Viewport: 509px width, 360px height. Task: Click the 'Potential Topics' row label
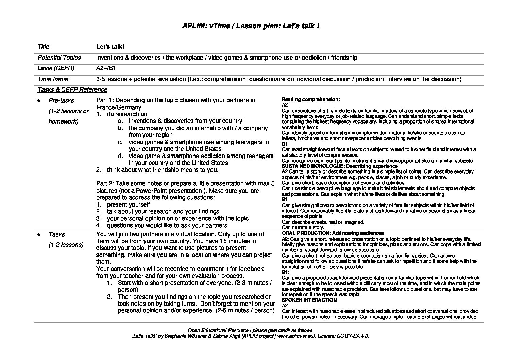click(x=59, y=58)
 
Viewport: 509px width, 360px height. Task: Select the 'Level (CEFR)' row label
click(x=56, y=68)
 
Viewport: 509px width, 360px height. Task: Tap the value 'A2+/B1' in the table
click(x=106, y=68)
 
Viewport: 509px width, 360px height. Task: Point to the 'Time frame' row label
click(x=53, y=79)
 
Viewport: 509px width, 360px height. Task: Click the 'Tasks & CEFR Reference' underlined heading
click(x=72, y=89)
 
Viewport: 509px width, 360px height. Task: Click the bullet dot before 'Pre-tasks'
click(x=39, y=101)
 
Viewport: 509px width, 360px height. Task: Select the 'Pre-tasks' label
click(x=61, y=100)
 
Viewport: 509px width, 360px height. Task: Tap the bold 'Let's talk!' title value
click(x=107, y=47)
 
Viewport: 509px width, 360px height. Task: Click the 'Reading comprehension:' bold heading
click(x=311, y=99)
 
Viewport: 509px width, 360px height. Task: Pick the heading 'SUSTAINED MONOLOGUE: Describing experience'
click(x=340, y=166)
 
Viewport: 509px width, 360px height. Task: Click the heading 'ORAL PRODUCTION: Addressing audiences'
click(x=333, y=233)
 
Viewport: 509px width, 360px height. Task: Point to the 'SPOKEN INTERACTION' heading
click(x=309, y=300)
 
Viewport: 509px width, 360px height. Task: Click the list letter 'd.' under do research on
click(x=120, y=156)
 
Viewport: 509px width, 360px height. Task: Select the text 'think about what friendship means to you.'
click(x=163, y=170)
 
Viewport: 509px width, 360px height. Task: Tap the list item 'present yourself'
click(x=128, y=204)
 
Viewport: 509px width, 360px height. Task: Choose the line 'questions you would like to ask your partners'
click(x=167, y=225)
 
